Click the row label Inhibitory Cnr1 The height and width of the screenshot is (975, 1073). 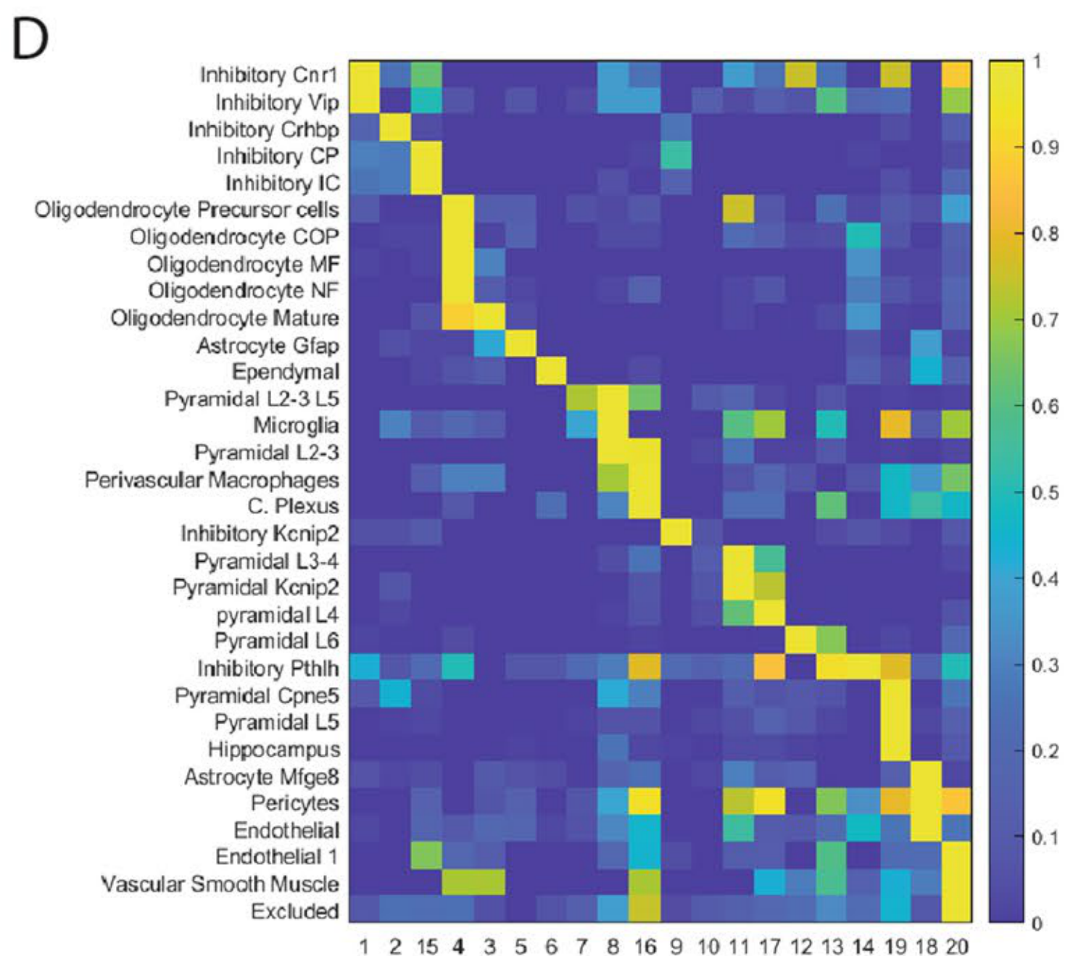coord(268,75)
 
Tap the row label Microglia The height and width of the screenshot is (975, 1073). coord(296,426)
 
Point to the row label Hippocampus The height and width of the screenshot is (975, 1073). coord(273,749)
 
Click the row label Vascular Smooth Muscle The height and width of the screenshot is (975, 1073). coord(220,884)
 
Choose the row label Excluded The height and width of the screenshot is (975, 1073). coord(294,911)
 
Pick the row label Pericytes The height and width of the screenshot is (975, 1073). coord(294,803)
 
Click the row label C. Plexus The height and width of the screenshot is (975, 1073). coord(293,506)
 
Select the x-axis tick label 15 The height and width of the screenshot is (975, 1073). coord(427,947)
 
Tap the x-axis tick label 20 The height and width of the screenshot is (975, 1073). coord(956,947)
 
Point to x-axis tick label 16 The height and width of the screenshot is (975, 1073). coord(645,947)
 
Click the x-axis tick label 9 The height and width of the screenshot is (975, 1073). coord(676,947)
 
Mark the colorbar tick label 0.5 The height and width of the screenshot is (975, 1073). coord(1045,492)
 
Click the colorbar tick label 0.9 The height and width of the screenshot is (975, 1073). coord(1045,147)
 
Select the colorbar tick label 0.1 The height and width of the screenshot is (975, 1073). coord(1045,837)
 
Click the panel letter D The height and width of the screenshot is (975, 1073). coord(30,40)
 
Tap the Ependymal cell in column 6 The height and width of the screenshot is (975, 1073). coord(552,372)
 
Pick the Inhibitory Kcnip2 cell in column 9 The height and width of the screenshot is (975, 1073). coord(676,534)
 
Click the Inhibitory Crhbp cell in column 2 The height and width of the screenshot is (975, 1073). coord(396,129)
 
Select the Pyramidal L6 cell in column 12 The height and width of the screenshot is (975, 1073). coord(800,641)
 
